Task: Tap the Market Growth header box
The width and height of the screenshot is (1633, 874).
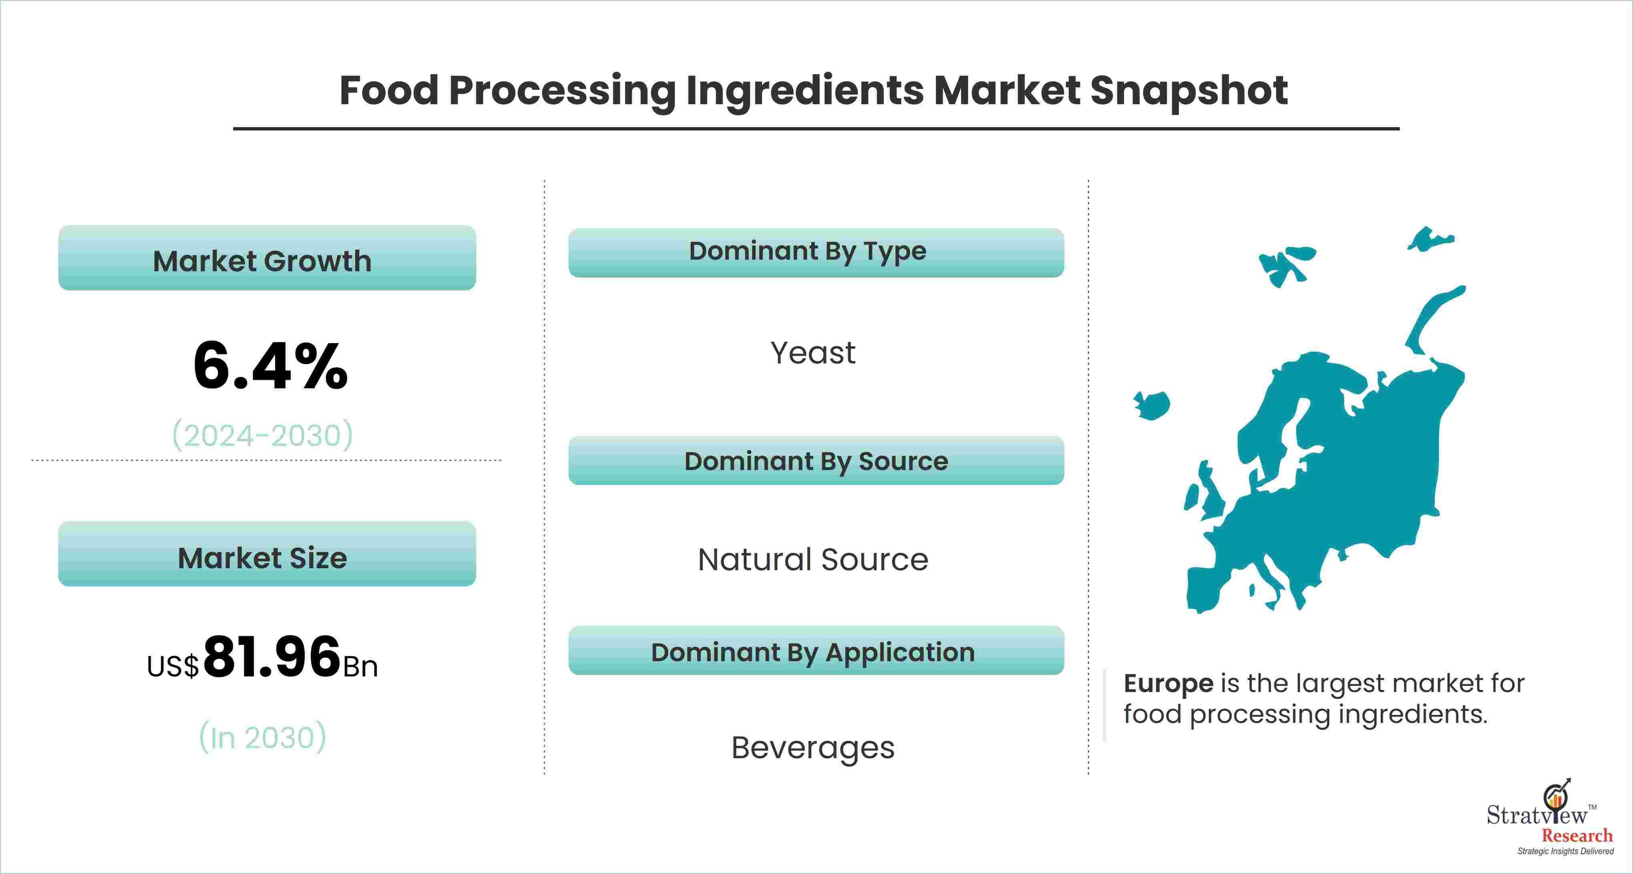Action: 267,258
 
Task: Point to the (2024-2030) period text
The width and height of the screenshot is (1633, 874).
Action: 262,435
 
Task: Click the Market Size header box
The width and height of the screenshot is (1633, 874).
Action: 267,554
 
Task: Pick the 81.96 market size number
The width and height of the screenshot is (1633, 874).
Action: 273,656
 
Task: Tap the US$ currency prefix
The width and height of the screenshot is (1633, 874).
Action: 173,666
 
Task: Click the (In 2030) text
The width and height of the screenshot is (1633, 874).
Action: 262,737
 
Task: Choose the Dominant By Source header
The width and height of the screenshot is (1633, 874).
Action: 816,460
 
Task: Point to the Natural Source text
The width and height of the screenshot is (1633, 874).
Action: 813,559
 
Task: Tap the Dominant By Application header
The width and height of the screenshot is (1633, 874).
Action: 816,651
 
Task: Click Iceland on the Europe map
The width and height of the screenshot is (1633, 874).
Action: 1151,405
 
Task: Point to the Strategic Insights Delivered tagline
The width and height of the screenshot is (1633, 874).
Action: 1565,851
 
